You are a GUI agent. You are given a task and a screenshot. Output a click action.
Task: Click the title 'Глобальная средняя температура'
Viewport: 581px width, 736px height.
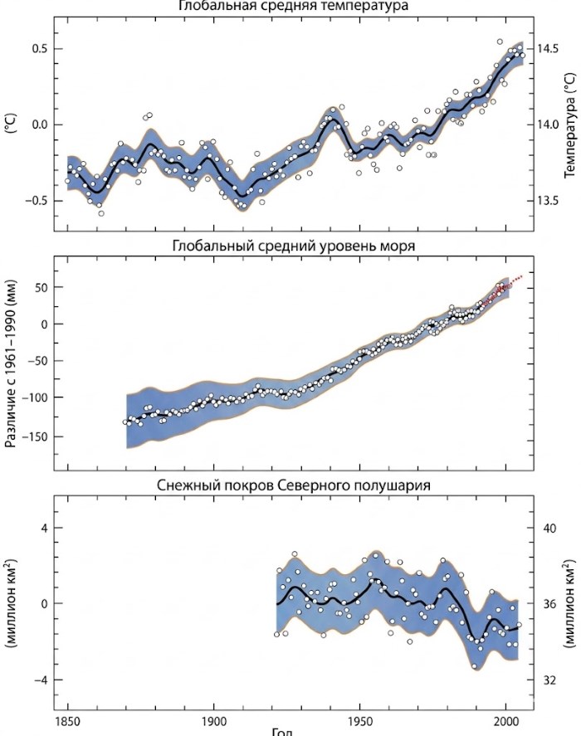point(293,7)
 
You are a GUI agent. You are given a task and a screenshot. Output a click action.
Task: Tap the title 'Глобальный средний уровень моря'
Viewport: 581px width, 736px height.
point(294,246)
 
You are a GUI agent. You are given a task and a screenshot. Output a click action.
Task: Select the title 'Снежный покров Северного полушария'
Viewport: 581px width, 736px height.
point(294,485)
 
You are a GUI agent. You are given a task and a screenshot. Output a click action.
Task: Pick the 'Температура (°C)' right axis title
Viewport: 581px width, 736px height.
point(569,124)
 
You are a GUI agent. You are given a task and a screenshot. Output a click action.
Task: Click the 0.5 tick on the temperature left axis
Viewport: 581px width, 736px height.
point(38,49)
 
